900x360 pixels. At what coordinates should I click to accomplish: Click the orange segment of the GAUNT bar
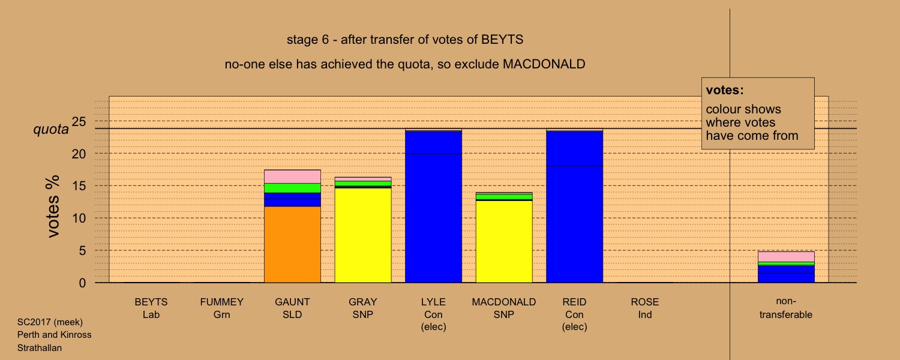(x=293, y=245)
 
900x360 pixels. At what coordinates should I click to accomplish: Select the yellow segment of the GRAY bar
(x=363, y=235)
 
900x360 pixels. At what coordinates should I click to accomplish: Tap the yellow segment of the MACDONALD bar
(x=504, y=242)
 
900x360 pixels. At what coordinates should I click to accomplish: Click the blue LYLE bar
(x=434, y=206)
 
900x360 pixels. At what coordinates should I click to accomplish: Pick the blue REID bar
(x=575, y=206)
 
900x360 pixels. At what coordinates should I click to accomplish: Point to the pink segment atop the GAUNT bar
(x=293, y=177)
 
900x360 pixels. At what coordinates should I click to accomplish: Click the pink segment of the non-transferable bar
(x=786, y=257)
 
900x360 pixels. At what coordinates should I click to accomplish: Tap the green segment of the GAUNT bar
(x=293, y=188)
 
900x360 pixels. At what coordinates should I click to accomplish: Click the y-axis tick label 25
(x=79, y=121)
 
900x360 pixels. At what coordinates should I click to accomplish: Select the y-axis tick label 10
(x=79, y=218)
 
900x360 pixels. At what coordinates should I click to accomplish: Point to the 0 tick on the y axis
(x=82, y=283)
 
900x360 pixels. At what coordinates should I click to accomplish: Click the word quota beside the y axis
(x=51, y=130)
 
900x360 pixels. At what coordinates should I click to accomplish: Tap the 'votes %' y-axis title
(x=53, y=206)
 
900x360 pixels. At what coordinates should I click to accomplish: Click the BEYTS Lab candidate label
(x=151, y=308)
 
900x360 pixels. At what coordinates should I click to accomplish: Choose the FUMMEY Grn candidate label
(x=222, y=308)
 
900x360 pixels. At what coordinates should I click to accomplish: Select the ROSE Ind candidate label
(x=645, y=308)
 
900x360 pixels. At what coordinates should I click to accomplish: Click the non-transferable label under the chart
(x=786, y=308)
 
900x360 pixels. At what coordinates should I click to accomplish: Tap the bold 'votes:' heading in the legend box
(x=725, y=90)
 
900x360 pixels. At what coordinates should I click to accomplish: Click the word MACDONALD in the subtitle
(x=544, y=64)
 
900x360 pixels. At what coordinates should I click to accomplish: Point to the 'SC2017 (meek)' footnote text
(x=50, y=322)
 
